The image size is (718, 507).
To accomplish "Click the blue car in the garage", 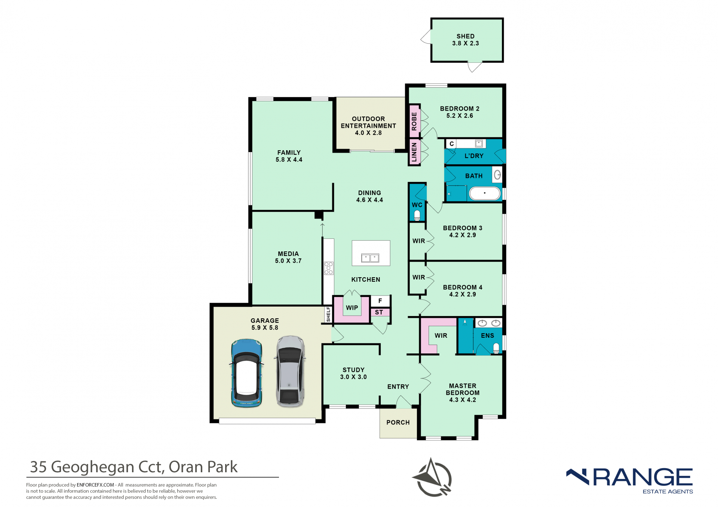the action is (246, 373).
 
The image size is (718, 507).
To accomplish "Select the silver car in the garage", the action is (291, 371).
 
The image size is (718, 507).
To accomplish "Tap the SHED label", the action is (465, 36).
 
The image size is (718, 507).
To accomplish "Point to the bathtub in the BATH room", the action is (485, 194).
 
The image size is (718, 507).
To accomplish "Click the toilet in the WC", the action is (417, 215).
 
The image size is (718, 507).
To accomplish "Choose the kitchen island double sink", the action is (370, 258).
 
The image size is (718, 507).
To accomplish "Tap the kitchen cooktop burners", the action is (329, 268).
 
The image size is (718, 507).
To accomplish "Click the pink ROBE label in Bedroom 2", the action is (414, 121).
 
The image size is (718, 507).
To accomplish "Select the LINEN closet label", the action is (414, 152).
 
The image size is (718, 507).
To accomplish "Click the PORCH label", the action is (398, 423).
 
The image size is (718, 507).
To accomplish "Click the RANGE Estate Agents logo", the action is (630, 481).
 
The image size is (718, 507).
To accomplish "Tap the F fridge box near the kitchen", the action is (380, 301).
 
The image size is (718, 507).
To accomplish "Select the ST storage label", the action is (379, 312).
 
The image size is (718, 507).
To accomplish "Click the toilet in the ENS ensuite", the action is (496, 349).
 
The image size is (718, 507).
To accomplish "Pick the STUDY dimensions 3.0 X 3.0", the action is (353, 377).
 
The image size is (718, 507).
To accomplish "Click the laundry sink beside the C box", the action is (479, 143).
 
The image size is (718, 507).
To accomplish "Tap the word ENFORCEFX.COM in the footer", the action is (95, 485).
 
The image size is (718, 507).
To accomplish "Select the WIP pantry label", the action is (352, 308).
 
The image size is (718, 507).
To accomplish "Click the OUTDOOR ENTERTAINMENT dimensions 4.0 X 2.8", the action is (368, 133).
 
